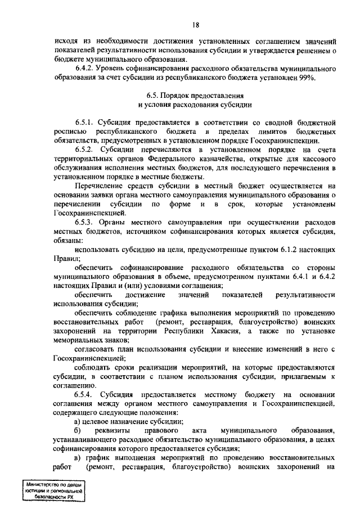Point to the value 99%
tap(307, 78)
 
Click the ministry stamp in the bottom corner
tap(54, 491)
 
